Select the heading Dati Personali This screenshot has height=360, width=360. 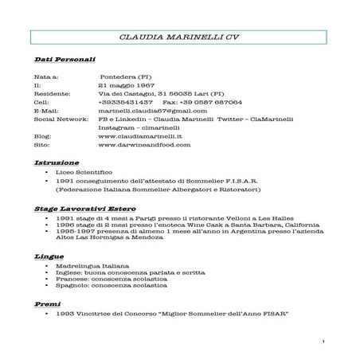pyautogui.click(x=65, y=61)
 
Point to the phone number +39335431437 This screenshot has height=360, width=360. pyautogui.click(x=125, y=103)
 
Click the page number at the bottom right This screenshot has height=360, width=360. pyautogui.click(x=327, y=342)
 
